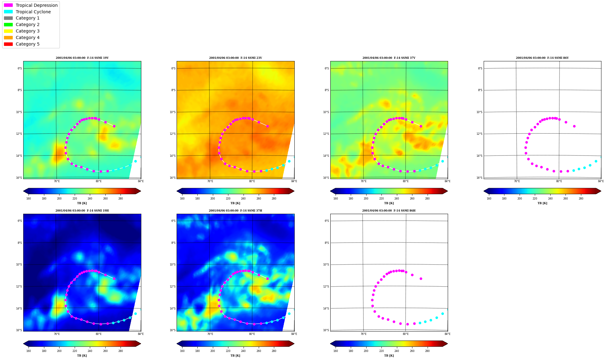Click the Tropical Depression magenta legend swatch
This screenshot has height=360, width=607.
click(8, 5)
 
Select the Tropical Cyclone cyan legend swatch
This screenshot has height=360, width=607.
click(8, 12)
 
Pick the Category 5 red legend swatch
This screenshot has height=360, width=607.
click(8, 44)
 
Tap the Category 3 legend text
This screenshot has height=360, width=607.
click(28, 31)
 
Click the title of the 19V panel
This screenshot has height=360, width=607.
click(82, 58)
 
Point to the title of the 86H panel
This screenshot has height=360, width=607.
click(389, 211)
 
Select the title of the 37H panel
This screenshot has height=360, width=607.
click(235, 211)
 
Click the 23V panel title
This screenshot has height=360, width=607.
click(235, 58)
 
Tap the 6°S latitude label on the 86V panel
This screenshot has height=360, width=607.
click(480, 68)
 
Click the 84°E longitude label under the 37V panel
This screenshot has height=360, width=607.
click(447, 181)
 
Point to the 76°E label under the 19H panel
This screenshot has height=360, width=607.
click(57, 334)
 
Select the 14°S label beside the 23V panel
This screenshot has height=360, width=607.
click(173, 156)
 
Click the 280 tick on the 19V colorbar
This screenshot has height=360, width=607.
click(121, 199)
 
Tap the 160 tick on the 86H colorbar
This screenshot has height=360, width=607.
click(336, 351)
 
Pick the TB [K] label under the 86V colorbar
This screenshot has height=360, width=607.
click(542, 203)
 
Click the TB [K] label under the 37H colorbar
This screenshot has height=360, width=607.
click(235, 356)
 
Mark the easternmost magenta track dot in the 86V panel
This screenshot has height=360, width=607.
click(574, 126)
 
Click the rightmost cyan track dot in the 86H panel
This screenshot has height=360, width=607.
click(447, 310)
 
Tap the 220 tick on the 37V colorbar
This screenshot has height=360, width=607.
click(381, 199)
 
